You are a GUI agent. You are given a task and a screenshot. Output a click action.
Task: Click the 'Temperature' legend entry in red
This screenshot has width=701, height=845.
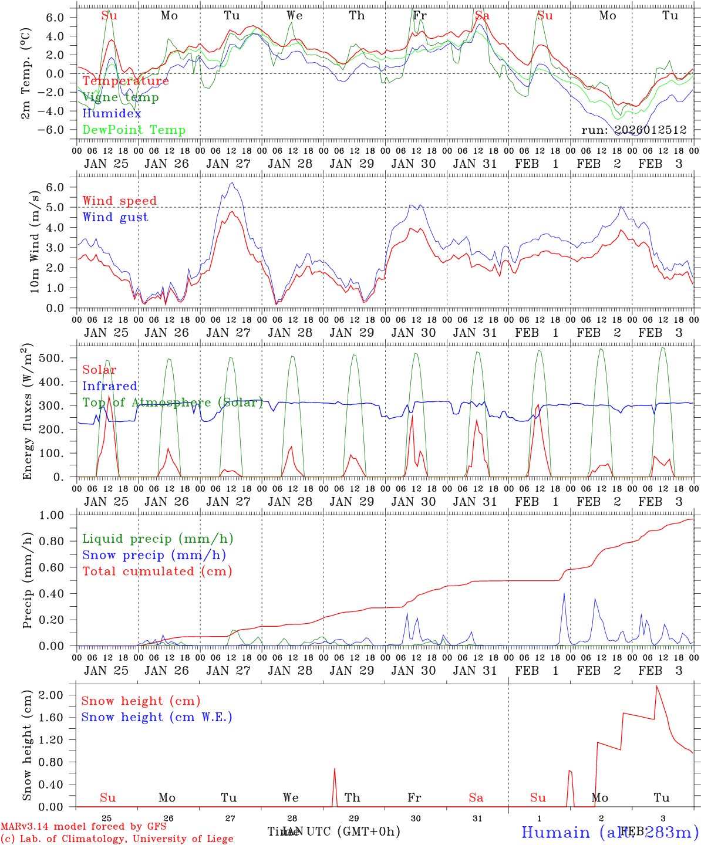(x=125, y=81)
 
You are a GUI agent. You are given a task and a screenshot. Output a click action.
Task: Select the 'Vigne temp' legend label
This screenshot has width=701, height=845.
(x=120, y=97)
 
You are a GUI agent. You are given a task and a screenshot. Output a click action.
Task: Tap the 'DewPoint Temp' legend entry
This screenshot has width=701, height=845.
(x=134, y=130)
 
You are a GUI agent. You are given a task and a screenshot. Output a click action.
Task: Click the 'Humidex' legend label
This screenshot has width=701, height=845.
(x=112, y=114)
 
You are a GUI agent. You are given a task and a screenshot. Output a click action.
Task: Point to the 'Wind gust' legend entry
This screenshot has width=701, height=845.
(x=115, y=217)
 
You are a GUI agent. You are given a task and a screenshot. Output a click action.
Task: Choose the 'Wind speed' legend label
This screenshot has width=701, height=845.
(x=119, y=201)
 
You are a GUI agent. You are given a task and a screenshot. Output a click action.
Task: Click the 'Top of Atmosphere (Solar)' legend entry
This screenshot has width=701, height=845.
(x=173, y=403)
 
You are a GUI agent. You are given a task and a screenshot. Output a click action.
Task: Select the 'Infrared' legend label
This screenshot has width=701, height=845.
(x=110, y=386)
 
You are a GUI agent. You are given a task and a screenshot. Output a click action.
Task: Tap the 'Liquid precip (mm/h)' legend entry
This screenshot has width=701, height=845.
(x=157, y=539)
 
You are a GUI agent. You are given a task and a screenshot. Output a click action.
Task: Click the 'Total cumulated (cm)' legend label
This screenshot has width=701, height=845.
(x=157, y=571)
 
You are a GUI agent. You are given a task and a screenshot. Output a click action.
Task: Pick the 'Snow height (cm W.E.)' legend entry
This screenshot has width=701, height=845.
(x=157, y=717)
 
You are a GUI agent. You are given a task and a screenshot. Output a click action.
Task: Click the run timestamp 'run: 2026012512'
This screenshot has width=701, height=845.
(x=633, y=130)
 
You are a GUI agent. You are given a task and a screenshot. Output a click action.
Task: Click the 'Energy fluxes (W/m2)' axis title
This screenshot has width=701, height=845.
(x=28, y=413)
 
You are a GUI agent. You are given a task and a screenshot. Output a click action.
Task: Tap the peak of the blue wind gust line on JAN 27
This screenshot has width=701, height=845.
(x=232, y=182)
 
